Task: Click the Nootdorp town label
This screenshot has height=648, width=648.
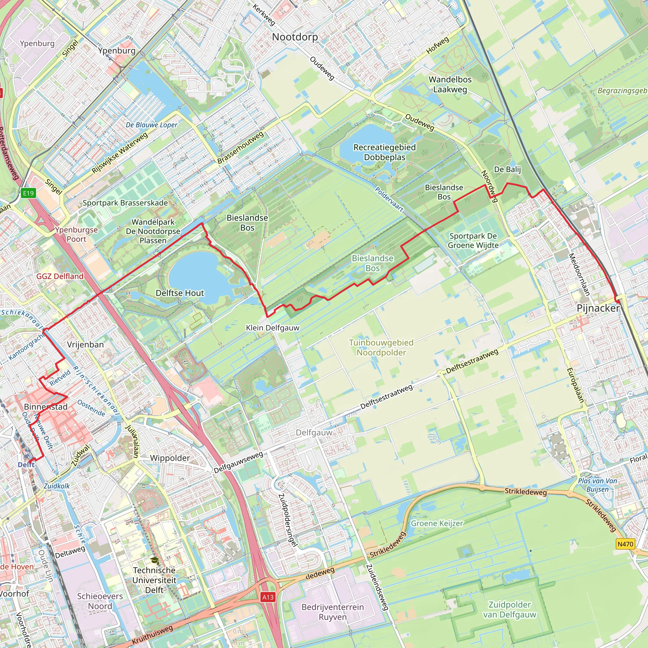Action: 295,37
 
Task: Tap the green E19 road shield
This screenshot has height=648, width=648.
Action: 28,193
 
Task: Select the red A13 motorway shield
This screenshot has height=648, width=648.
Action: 268,597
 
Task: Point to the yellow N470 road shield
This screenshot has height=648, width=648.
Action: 625,544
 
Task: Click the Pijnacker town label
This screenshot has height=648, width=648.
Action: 598,308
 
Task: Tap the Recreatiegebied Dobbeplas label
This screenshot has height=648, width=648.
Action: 384,152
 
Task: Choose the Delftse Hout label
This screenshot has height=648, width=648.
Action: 180,293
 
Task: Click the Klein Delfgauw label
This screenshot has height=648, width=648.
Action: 272,328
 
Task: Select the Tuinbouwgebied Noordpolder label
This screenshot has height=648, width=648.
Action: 381,347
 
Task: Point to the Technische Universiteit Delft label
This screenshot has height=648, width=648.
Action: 154,580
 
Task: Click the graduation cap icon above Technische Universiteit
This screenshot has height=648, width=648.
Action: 154,560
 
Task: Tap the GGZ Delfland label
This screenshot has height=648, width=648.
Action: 60,276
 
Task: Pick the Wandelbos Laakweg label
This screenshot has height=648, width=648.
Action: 450,84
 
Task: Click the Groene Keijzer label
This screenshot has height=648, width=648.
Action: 437,523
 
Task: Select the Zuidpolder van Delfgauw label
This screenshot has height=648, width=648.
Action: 509,609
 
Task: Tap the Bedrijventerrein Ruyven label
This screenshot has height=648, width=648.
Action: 333,612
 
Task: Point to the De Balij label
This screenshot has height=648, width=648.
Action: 507,169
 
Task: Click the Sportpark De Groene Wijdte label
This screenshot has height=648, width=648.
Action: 473,240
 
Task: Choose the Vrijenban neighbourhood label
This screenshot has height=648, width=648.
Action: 85,345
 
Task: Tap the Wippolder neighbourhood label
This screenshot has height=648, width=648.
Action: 170,458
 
